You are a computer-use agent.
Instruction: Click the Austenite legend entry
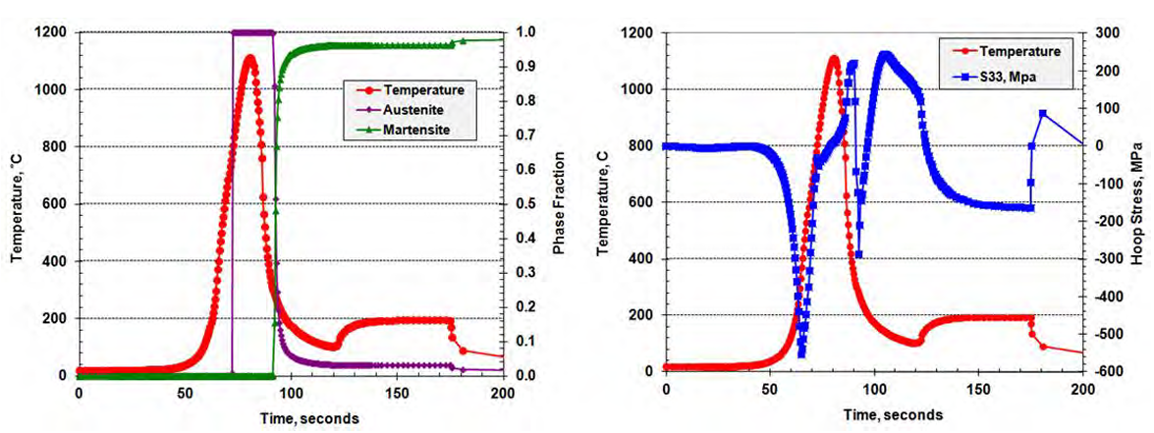(417, 109)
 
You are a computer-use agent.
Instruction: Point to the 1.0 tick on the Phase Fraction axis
(526, 32)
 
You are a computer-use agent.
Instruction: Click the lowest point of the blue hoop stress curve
(801, 352)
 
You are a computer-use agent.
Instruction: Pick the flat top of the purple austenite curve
(252, 32)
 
